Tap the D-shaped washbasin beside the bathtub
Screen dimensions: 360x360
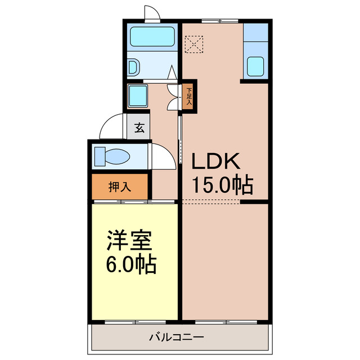(133, 67)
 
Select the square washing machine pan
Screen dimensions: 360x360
(137, 96)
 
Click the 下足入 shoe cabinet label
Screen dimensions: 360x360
(190, 96)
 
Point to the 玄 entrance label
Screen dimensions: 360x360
(138, 128)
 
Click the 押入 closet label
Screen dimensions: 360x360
(120, 187)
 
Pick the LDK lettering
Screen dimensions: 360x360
(217, 162)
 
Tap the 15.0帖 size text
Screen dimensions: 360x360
(223, 184)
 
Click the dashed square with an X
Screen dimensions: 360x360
(194, 44)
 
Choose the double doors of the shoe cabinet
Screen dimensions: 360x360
(174, 96)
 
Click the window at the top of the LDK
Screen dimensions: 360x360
(212, 21)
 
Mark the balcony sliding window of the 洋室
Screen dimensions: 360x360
(135, 322)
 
